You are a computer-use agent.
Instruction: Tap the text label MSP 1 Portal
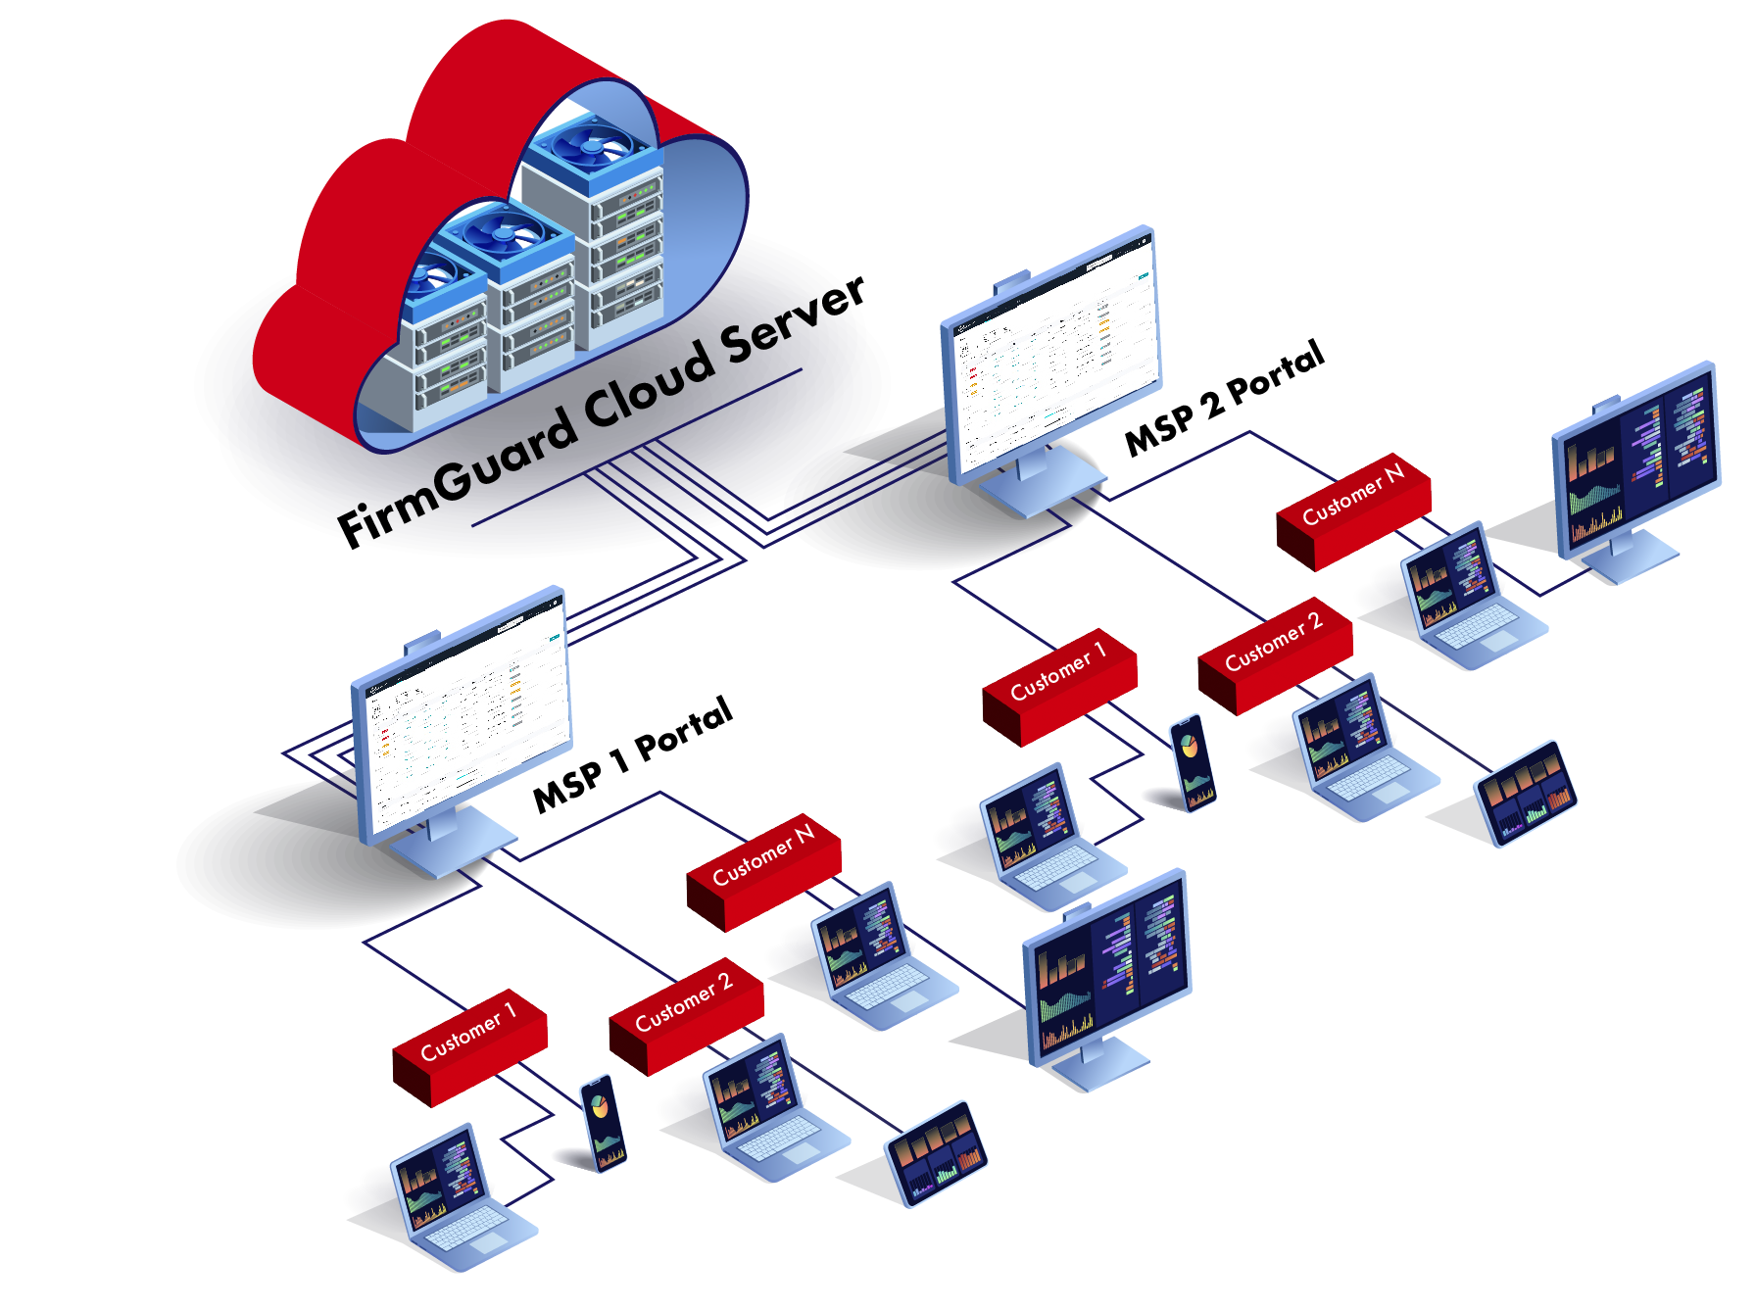coord(633,754)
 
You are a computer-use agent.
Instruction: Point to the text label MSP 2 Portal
coord(1225,398)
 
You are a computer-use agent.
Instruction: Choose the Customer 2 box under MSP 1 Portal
coord(686,1013)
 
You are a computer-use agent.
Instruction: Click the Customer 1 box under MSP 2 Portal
coord(1059,684)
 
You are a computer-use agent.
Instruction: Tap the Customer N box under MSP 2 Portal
coord(1353,509)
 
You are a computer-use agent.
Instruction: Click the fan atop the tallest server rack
coord(590,147)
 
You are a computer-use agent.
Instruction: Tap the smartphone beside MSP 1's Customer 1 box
coord(604,1121)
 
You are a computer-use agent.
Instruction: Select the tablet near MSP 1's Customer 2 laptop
coord(937,1152)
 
